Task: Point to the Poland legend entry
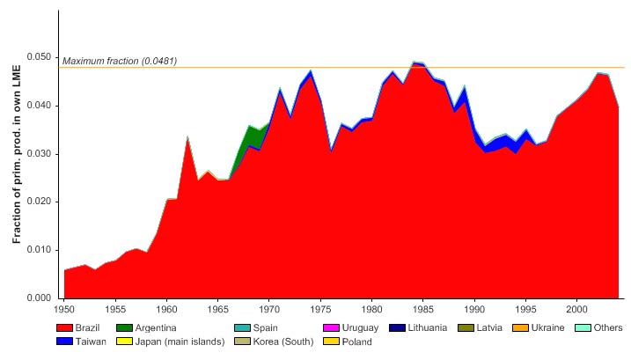pos(354,342)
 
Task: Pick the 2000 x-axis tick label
pos(576,310)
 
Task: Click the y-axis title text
pos(18,155)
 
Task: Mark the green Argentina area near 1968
pos(252,136)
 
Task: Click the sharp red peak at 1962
pos(187,141)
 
